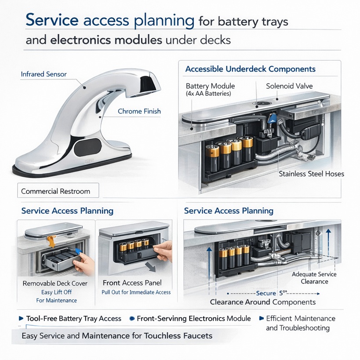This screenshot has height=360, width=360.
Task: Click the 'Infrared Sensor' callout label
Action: [x=44, y=74]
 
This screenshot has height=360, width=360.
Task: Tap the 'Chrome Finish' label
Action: [x=139, y=111]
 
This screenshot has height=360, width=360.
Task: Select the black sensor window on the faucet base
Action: [x=88, y=147]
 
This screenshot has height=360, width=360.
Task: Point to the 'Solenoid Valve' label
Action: [x=289, y=86]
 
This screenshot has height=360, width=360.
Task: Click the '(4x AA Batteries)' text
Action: [x=208, y=94]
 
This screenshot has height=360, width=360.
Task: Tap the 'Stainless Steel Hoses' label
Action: [x=311, y=174]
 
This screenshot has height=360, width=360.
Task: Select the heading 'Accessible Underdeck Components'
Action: [x=250, y=69]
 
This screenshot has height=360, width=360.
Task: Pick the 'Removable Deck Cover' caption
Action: [x=55, y=284]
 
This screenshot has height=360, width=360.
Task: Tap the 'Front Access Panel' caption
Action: [x=132, y=283]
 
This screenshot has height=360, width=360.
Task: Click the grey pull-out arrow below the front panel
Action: [x=151, y=267]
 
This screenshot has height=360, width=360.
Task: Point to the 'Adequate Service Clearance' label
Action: [x=314, y=278]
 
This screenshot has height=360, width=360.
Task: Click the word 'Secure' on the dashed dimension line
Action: [x=266, y=293]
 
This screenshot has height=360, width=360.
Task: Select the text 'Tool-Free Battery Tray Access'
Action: [x=73, y=318]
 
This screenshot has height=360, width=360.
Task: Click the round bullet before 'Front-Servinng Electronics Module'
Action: [x=132, y=318]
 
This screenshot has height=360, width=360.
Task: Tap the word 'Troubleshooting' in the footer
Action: [x=298, y=328]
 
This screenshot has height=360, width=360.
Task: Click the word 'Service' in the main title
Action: [x=52, y=20]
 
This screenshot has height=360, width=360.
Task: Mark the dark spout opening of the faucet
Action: [x=149, y=84]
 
